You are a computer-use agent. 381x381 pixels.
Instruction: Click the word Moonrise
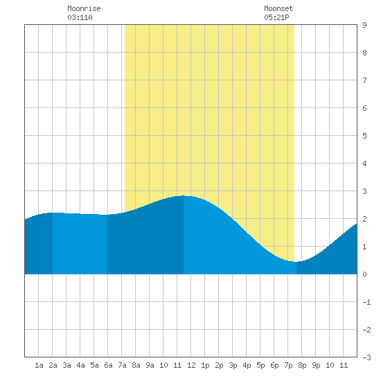[84, 8]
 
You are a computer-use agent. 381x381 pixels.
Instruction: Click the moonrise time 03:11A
[80, 17]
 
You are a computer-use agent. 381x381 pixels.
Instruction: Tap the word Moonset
[278, 8]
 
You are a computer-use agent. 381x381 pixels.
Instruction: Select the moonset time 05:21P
[276, 17]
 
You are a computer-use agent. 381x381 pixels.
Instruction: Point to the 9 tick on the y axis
[364, 25]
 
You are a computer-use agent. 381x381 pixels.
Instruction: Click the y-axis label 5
[364, 136]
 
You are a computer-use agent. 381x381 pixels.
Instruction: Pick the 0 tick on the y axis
[364, 274]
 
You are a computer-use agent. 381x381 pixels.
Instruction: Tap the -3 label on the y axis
[366, 357]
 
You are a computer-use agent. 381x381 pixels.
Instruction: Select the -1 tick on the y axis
[366, 302]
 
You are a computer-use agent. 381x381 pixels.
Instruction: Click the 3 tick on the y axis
[364, 191]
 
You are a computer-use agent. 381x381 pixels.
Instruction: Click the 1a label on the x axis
[39, 365]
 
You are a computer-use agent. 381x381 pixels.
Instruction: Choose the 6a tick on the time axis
[108, 365]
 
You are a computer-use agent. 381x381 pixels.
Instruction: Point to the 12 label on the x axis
[191, 365]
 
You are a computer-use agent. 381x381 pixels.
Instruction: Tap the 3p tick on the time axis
[233, 365]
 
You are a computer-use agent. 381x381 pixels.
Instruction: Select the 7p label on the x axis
[288, 365]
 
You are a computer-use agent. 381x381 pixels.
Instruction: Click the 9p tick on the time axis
[316, 365]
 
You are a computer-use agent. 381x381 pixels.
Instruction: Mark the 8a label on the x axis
[136, 365]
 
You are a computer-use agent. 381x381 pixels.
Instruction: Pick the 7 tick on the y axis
[364, 80]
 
